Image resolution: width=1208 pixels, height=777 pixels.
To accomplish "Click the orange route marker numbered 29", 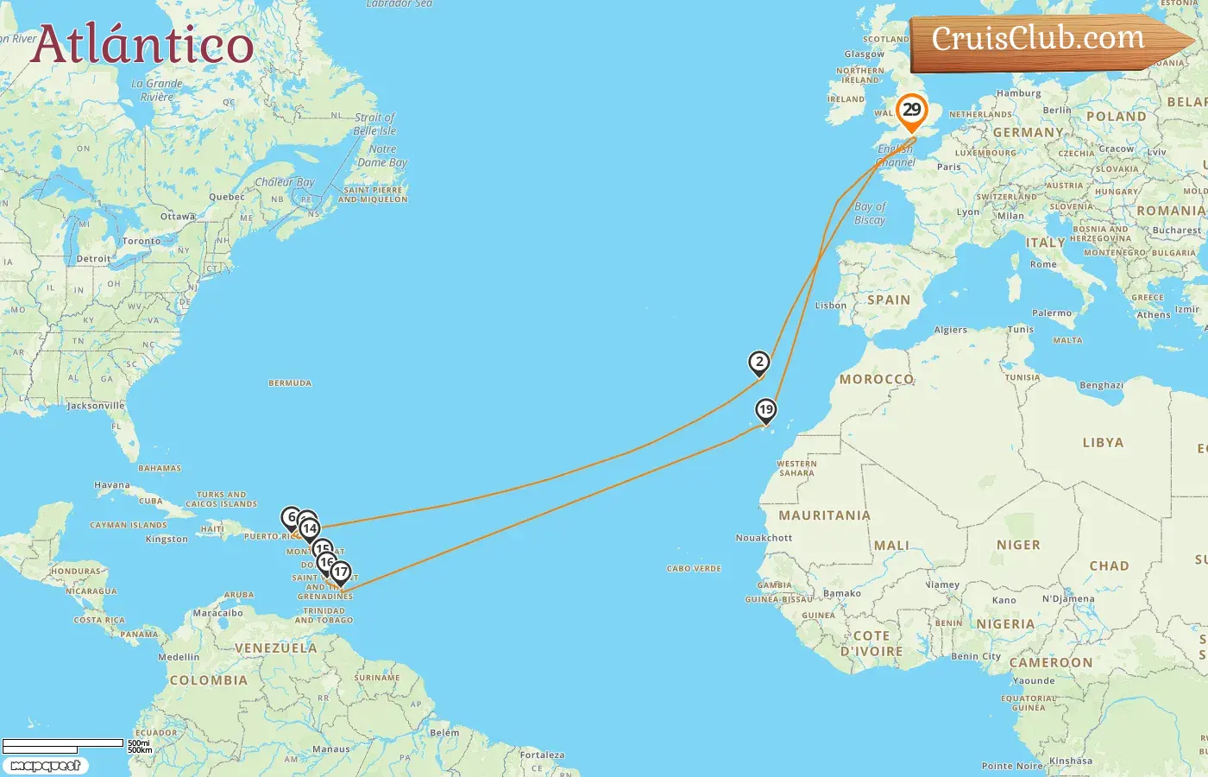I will pos(911,111).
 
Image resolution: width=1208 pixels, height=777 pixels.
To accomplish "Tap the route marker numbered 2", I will pos(758,363).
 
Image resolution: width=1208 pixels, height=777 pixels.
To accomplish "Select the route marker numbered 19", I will pos(765,410).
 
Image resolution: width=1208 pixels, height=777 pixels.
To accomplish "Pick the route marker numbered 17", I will pos(341,572).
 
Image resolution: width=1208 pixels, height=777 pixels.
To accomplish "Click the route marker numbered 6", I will pos(291,518).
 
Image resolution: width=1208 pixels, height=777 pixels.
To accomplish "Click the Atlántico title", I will pos(142,45).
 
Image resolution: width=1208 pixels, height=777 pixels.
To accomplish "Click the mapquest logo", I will pos(45,766).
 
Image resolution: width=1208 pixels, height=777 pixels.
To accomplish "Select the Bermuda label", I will pos(290,383).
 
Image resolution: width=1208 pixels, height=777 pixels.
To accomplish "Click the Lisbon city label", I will pos(831,306).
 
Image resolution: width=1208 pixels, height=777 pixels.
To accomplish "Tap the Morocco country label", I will pos(877,379).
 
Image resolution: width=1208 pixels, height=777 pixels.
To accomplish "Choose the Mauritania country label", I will pos(824,515).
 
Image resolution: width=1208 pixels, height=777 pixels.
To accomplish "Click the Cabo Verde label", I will pos(694,569).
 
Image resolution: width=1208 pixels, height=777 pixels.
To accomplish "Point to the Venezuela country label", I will pos(276,648).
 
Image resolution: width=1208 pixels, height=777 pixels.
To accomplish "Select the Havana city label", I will pos(112,485).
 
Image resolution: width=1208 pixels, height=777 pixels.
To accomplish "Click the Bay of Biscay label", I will pos(870,213).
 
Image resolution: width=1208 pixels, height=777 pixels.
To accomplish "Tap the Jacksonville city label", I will pos(96,406).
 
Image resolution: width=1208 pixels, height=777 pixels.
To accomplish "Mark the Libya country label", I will pos(1103,443).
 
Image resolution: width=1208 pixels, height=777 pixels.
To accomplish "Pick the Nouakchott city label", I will pos(764,538).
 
